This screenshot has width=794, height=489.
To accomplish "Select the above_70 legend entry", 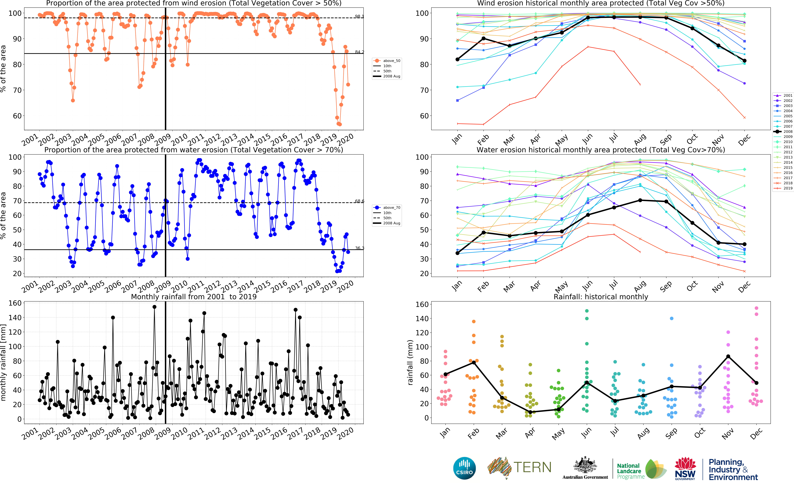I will (x=387, y=208).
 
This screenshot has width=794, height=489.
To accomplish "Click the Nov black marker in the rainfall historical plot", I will (x=728, y=356).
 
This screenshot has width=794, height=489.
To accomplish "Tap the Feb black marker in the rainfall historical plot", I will (x=474, y=363).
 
